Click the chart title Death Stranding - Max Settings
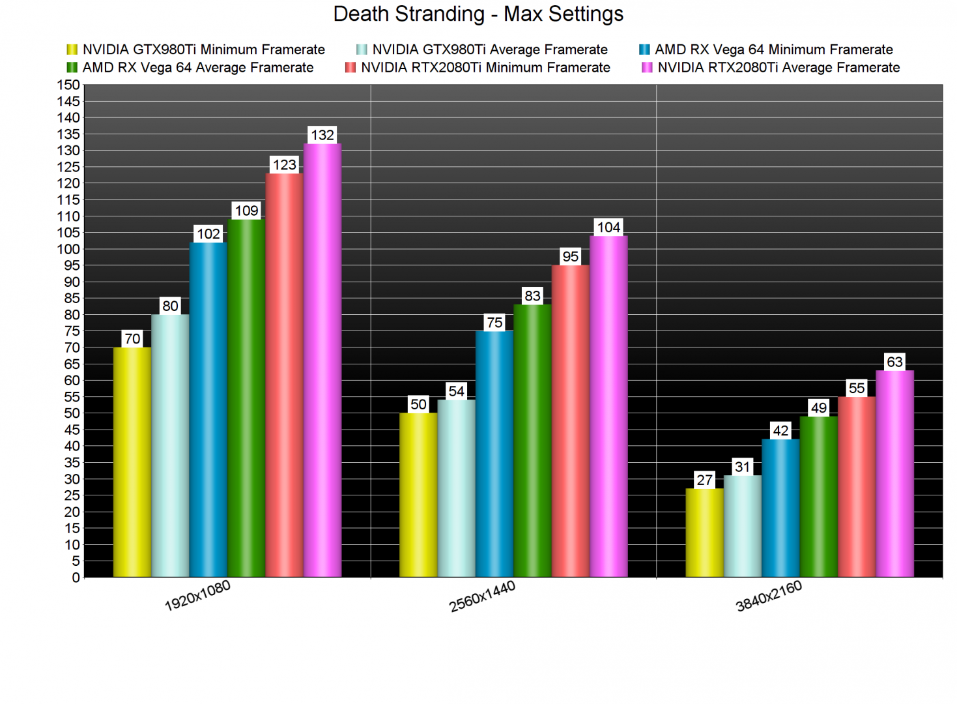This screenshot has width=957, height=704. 478,14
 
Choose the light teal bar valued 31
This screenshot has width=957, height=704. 743,526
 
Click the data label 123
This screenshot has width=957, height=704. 285,165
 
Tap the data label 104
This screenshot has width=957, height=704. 608,227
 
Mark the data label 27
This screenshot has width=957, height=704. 704,480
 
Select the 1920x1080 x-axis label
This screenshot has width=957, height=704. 197,596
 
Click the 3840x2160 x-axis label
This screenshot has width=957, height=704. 769,596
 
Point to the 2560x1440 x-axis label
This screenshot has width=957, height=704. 482,596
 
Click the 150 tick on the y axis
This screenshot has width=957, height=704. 68,85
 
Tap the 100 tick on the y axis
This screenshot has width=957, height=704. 68,249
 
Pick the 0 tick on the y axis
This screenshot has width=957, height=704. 76,578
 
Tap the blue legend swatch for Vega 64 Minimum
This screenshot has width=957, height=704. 644,50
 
